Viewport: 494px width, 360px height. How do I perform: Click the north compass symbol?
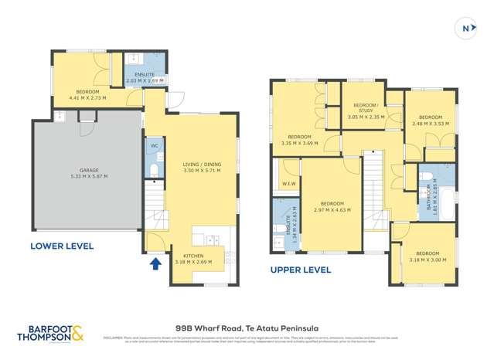pos(466,29)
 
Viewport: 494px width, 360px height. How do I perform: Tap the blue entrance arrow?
pos(155,263)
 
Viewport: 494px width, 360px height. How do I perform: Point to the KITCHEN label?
pos(193,256)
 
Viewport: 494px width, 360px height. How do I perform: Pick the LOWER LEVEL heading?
pos(62,246)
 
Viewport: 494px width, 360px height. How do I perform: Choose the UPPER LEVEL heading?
pos(301,270)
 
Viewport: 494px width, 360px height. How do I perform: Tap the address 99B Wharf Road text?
pos(247,328)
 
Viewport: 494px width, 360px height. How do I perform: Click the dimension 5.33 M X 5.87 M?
pos(88,176)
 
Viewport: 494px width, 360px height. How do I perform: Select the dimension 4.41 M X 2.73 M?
pos(88,99)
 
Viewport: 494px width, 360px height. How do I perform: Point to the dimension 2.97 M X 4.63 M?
pos(332,209)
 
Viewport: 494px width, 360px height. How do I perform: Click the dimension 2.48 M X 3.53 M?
pos(431,124)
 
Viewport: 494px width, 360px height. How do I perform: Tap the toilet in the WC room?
pos(153,169)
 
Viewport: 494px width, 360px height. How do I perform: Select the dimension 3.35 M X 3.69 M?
pos(300,142)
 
